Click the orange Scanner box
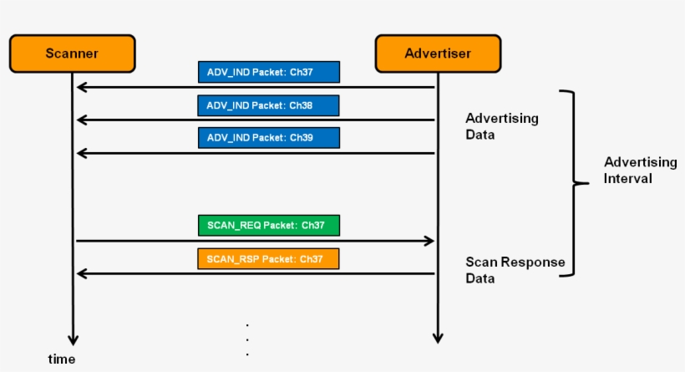(x=72, y=54)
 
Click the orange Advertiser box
(x=438, y=54)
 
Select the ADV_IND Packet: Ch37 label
(x=269, y=72)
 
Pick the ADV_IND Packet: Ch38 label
(x=269, y=105)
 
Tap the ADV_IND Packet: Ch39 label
(x=269, y=137)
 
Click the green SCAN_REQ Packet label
(x=269, y=226)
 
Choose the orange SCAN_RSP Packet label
(x=269, y=259)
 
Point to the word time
(x=61, y=359)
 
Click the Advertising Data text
(x=501, y=126)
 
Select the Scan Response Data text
(x=515, y=270)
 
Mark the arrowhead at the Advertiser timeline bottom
(x=437, y=338)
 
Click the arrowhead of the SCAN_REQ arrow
(x=429, y=241)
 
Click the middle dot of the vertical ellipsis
(x=248, y=339)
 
